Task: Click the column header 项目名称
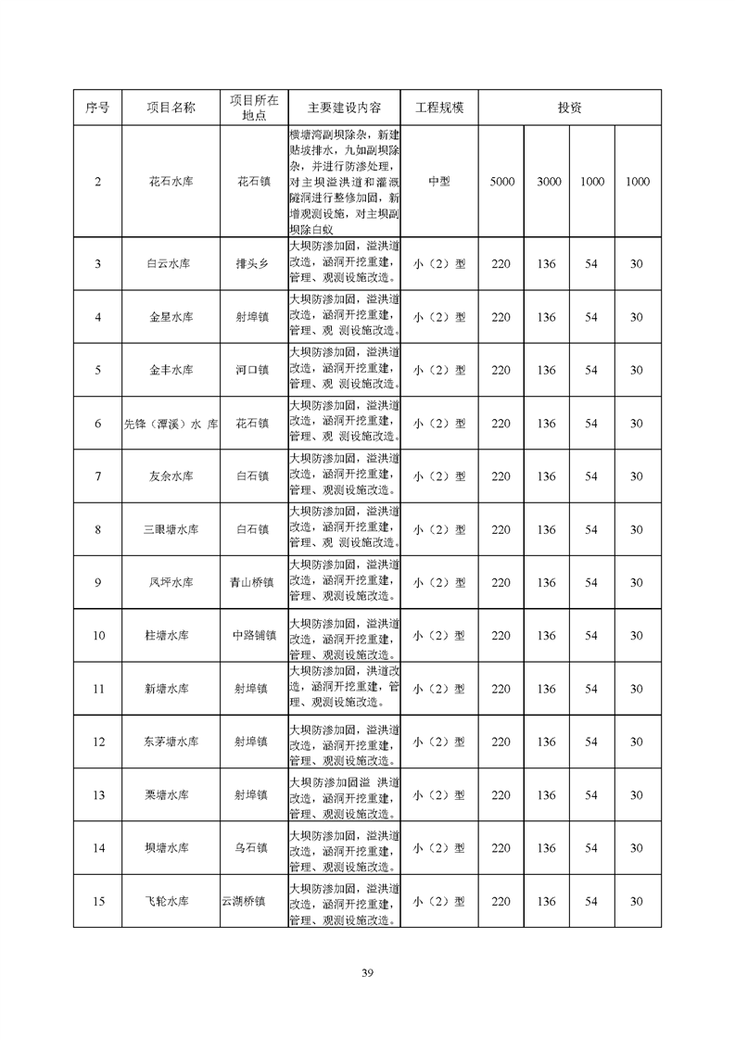click(x=171, y=108)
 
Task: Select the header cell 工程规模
click(x=439, y=108)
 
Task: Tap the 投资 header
click(x=570, y=108)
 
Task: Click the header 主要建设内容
click(x=344, y=108)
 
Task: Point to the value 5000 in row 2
click(x=501, y=182)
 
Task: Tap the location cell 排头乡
click(x=250, y=264)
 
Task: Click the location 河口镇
click(x=250, y=370)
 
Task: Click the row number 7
click(x=98, y=476)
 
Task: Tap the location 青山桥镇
click(x=252, y=583)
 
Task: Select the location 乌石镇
click(x=250, y=848)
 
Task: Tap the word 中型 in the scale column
click(x=439, y=182)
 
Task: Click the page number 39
click(x=367, y=972)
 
